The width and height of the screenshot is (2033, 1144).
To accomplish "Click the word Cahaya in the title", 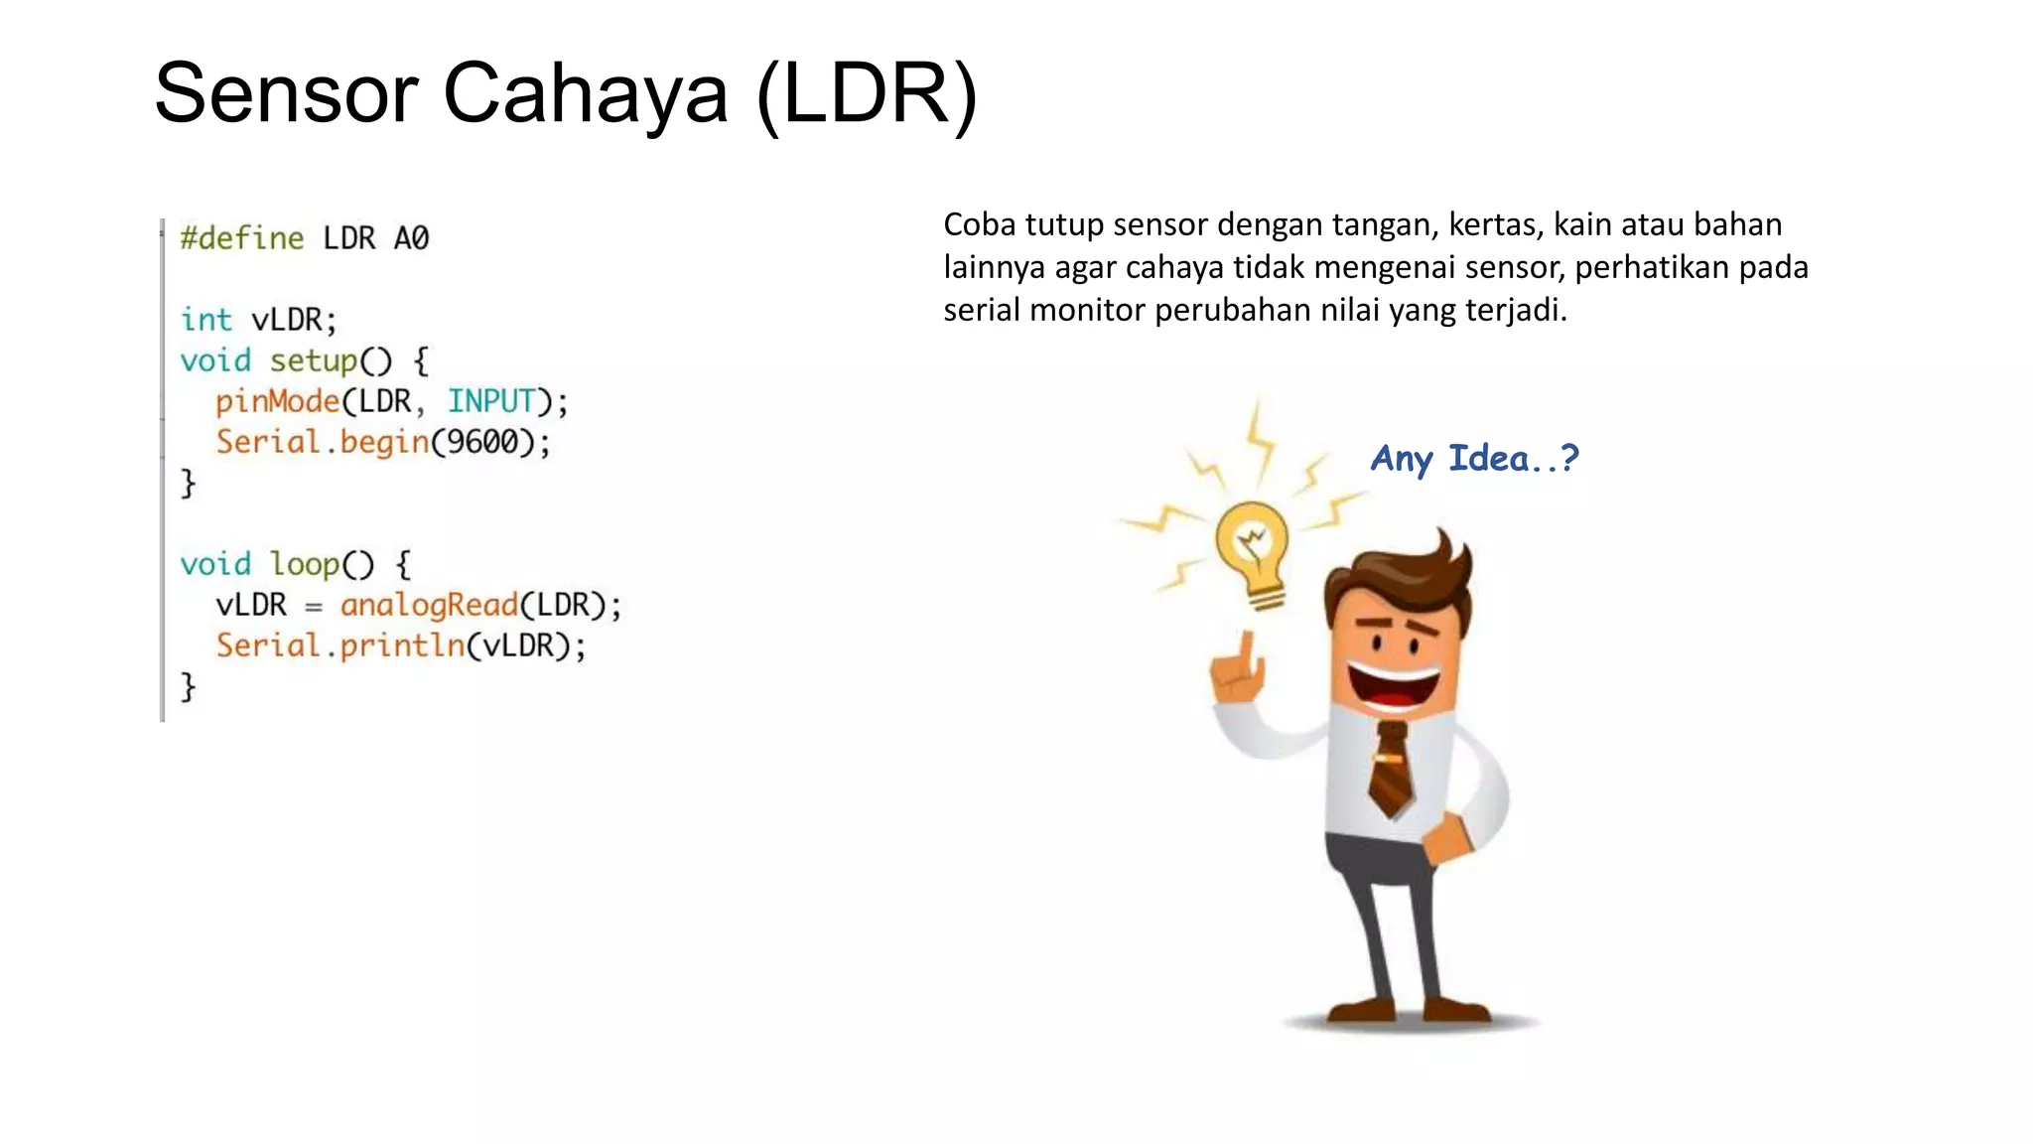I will tap(586, 94).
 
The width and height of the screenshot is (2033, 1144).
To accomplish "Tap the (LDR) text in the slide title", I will tap(867, 94).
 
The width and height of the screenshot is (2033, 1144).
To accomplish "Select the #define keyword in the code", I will tap(241, 238).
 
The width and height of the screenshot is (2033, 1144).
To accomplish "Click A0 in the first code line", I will tap(411, 238).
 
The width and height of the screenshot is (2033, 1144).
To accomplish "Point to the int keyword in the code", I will tap(205, 320).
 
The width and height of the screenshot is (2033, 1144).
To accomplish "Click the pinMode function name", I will tap(278, 401).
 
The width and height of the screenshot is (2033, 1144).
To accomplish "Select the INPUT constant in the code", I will tap(491, 401).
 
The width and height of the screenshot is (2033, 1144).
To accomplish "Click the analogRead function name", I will tap(429, 605).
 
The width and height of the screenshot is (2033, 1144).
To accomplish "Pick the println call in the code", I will tap(402, 645).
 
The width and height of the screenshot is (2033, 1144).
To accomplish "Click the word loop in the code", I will tap(306, 564).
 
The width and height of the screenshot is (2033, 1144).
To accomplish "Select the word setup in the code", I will tap(313, 360).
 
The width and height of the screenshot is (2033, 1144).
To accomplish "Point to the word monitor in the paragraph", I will tap(1087, 311).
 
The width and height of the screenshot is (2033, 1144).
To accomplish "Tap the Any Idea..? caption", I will tap(1474, 459).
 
